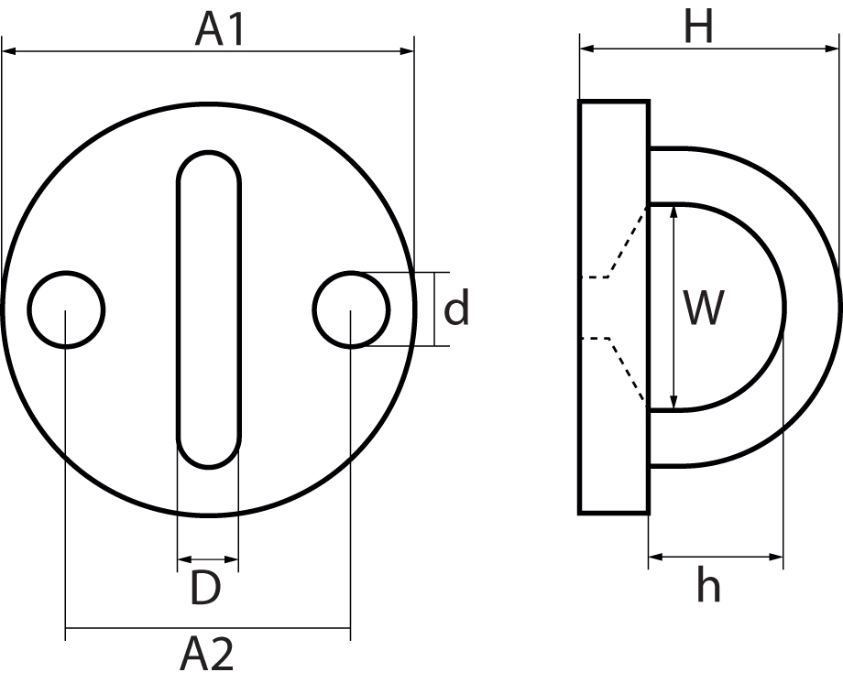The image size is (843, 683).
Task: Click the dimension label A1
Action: (x=221, y=29)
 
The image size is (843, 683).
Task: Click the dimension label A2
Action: (x=207, y=656)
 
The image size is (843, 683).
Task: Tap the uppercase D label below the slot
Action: (x=206, y=589)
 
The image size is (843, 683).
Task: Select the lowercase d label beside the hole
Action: (x=456, y=309)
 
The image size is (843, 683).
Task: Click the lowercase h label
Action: (x=707, y=585)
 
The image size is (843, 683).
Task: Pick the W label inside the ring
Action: (x=704, y=309)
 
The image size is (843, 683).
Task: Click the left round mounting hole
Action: (x=66, y=309)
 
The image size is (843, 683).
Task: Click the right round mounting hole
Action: (x=350, y=309)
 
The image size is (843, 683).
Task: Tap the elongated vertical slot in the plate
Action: (x=208, y=309)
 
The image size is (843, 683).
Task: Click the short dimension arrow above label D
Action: (x=207, y=558)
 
